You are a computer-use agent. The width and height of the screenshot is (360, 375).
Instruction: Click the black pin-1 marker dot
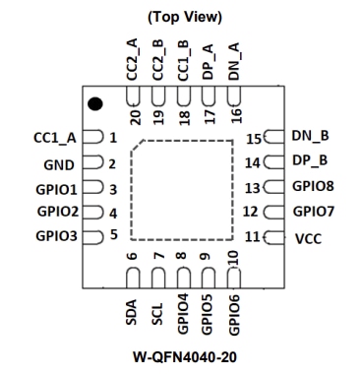95,103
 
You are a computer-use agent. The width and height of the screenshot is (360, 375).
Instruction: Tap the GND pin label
59,163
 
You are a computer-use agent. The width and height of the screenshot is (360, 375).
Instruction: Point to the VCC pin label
307,238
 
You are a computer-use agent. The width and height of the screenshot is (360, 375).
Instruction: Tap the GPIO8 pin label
315,186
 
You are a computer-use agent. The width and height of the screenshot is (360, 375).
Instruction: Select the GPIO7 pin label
315,211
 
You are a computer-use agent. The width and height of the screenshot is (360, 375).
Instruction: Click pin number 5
114,235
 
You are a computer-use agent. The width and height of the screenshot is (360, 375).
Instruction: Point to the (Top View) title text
184,16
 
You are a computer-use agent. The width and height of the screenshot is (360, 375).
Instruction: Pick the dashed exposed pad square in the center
185,190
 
